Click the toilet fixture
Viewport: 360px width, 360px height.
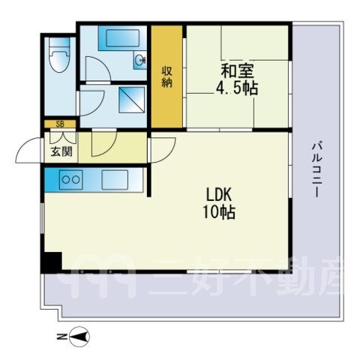click(x=59, y=55)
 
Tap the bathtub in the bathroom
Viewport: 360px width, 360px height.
click(x=122, y=38)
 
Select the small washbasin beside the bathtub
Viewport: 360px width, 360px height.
click(x=139, y=60)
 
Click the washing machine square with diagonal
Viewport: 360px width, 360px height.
click(x=132, y=100)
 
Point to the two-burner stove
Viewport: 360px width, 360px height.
click(x=71, y=179)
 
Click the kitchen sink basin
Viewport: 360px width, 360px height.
click(x=115, y=179)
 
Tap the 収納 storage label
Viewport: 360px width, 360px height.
click(x=166, y=77)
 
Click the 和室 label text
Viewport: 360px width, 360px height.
click(x=237, y=72)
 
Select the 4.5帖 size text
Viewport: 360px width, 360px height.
click(x=237, y=88)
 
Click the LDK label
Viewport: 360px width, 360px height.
click(x=218, y=195)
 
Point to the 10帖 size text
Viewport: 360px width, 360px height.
click(x=219, y=212)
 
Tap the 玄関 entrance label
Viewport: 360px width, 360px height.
click(x=61, y=151)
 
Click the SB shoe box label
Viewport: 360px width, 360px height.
click(x=60, y=124)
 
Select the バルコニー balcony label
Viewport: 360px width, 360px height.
click(x=316, y=170)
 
